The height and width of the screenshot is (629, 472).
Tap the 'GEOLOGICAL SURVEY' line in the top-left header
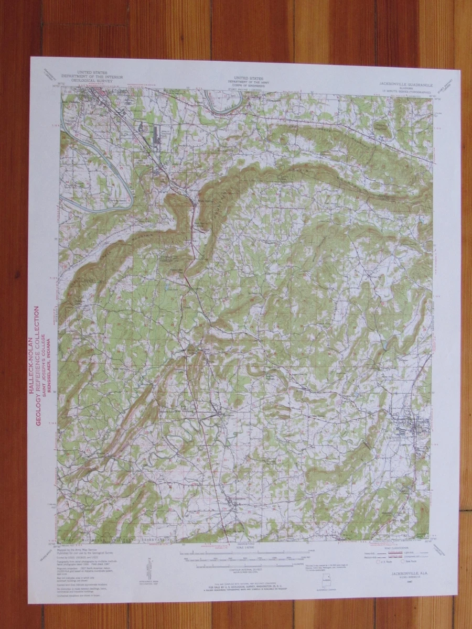click(x=100, y=82)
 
